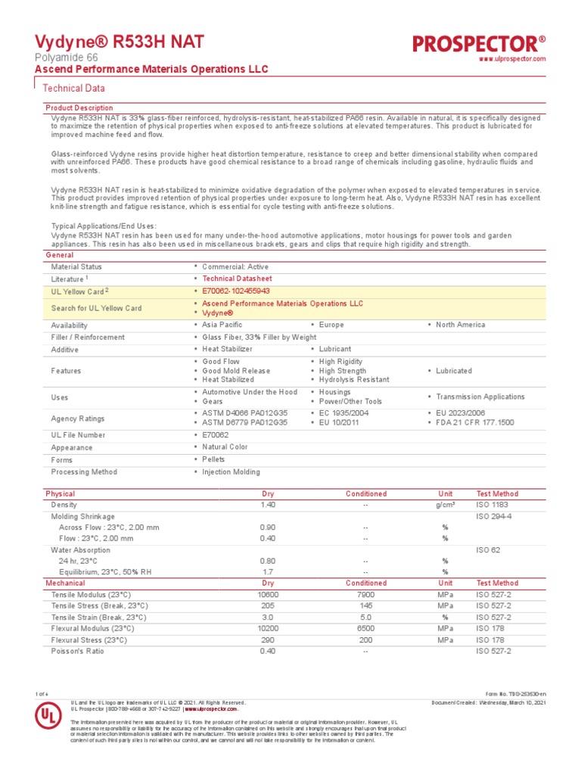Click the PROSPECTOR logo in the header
point(479,43)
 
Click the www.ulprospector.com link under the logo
point(512,60)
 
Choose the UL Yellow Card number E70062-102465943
point(236,291)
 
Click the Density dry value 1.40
point(268,505)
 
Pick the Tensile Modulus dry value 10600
point(268,595)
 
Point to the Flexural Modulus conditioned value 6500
point(365,628)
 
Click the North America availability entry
point(461,325)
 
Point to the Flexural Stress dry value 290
point(268,640)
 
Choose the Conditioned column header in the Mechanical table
point(365,584)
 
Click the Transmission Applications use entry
point(480,397)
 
